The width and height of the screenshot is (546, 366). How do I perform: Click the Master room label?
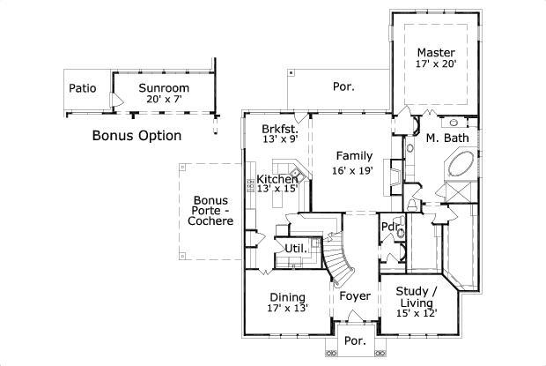click(x=436, y=53)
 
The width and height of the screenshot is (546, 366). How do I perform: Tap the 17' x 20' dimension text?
click(x=436, y=63)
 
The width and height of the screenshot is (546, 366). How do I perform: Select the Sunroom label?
click(x=164, y=88)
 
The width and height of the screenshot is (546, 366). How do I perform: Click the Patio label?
click(x=83, y=88)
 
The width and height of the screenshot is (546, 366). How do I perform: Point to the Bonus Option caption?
click(x=136, y=135)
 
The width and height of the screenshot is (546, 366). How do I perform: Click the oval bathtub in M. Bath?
click(x=461, y=164)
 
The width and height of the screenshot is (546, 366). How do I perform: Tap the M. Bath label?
click(x=447, y=138)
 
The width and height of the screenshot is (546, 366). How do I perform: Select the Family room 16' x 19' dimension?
click(x=353, y=171)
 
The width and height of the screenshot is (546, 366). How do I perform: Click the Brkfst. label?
click(x=280, y=129)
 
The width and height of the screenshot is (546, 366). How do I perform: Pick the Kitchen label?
click(x=277, y=179)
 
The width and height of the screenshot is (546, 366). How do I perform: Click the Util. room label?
click(x=296, y=249)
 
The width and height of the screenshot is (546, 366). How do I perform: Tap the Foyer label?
click(x=355, y=296)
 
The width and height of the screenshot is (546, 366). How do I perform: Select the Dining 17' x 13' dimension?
click(x=288, y=308)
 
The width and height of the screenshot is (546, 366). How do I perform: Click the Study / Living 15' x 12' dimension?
click(x=417, y=313)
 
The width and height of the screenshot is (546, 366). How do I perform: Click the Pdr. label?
click(x=389, y=227)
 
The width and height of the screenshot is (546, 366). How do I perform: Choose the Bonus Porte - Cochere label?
click(x=210, y=211)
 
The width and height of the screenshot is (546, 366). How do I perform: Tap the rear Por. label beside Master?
click(x=343, y=86)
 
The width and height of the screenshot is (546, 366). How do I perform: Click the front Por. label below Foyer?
click(x=355, y=340)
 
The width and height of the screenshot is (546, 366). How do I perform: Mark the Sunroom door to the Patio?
click(x=116, y=100)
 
